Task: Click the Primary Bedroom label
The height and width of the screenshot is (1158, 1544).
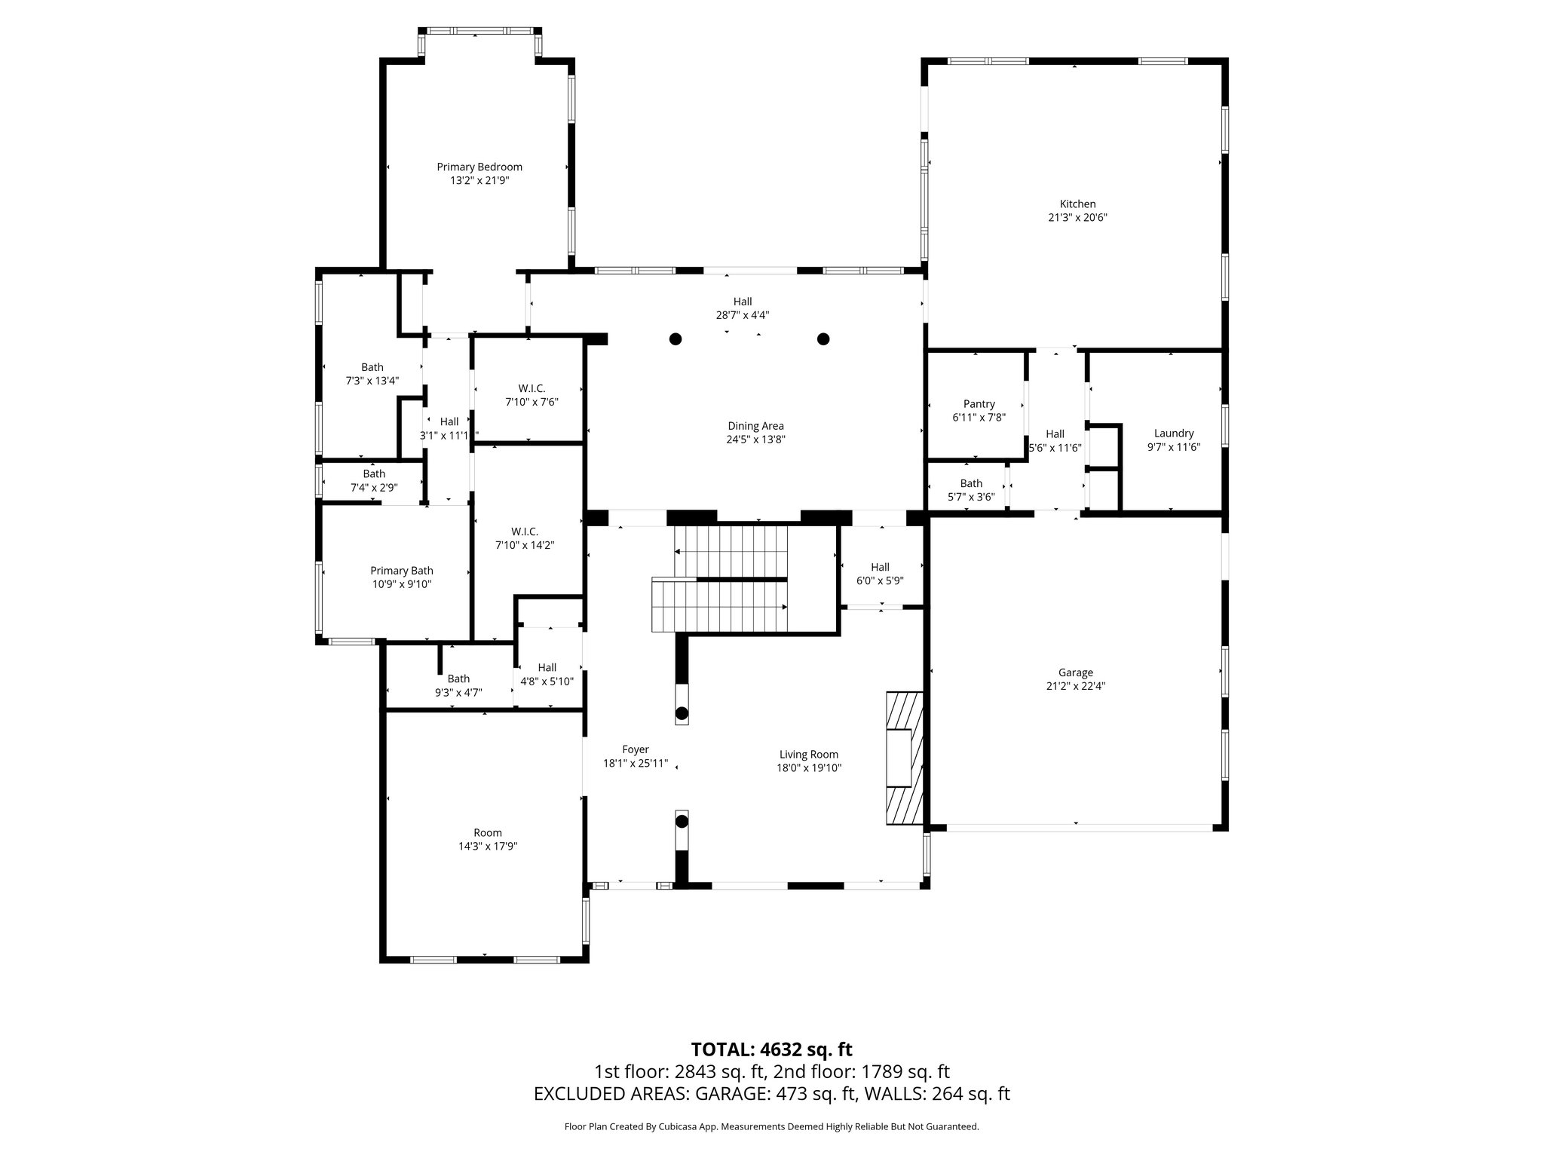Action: coord(479,167)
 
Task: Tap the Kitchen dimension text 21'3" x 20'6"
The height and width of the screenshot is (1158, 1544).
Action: coord(1077,218)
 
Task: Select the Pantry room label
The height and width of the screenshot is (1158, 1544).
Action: coord(979,404)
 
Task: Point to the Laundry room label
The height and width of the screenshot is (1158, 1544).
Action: coord(1173,433)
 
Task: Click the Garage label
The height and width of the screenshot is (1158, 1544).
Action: coord(1075,673)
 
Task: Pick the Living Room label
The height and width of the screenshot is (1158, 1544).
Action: coord(808,755)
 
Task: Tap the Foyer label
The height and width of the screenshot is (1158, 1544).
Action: coord(635,749)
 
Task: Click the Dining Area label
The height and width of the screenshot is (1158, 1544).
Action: coord(755,426)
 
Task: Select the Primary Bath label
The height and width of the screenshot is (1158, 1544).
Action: coord(401,571)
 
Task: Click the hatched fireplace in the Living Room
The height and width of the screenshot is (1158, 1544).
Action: coord(903,759)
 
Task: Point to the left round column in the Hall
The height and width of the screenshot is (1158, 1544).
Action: coord(675,339)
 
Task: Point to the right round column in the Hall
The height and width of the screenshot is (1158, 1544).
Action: coord(823,339)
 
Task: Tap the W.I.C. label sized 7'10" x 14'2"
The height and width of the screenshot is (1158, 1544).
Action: coord(524,532)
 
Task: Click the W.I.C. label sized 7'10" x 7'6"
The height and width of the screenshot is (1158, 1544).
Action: coord(531,388)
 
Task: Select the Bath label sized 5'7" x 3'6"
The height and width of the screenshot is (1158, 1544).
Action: coord(971,483)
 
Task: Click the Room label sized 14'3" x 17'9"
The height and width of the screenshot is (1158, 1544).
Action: coord(488,833)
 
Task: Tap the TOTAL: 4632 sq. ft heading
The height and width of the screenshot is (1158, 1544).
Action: coord(771,1049)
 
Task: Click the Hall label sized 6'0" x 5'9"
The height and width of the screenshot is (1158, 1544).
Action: coord(880,567)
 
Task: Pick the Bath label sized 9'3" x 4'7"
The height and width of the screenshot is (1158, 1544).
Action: coord(458,679)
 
